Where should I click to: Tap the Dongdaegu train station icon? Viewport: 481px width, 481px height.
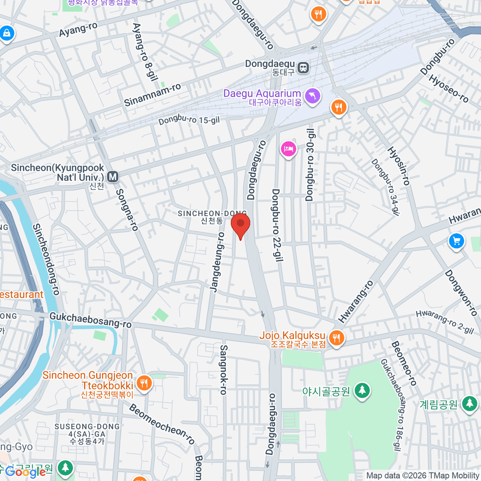pos(304,68)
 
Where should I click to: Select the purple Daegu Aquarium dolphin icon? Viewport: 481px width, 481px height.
pos(312,96)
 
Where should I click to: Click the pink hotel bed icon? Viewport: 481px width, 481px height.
pos(288,149)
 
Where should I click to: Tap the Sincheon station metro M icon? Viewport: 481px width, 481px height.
pos(113,176)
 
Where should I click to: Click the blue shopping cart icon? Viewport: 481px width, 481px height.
pos(456,241)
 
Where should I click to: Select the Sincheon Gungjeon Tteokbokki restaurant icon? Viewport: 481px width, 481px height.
pos(143,383)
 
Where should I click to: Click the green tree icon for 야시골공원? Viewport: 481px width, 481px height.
pos(362,390)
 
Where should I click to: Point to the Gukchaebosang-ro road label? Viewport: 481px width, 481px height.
pos(90,320)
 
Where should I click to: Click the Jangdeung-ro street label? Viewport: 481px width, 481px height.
pos(217,262)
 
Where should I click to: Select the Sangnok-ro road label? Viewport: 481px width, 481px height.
pos(224,370)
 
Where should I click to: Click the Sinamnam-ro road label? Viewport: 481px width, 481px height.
pos(152,95)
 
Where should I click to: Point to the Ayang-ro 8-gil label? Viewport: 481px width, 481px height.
pos(145,52)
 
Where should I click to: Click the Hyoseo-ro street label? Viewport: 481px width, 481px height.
pos(448,89)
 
